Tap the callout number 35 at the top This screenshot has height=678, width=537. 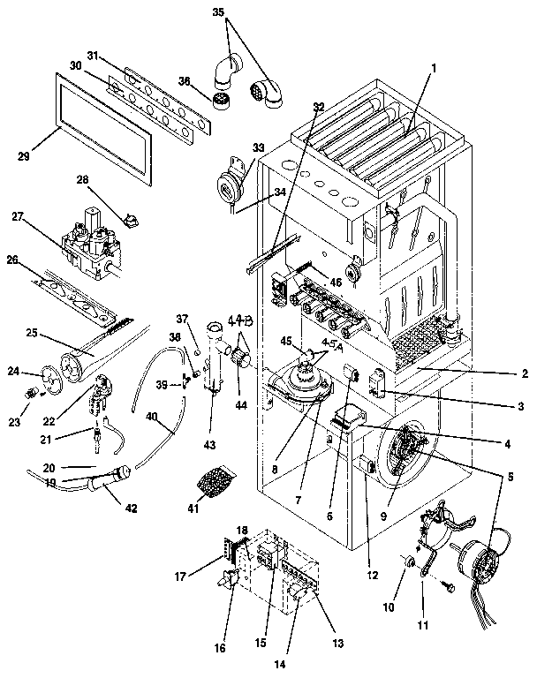pyautogui.click(x=219, y=14)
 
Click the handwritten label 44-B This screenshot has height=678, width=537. pyautogui.click(x=240, y=321)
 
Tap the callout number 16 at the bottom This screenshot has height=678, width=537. pyautogui.click(x=219, y=647)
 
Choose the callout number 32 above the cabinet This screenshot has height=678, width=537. pyautogui.click(x=318, y=107)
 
